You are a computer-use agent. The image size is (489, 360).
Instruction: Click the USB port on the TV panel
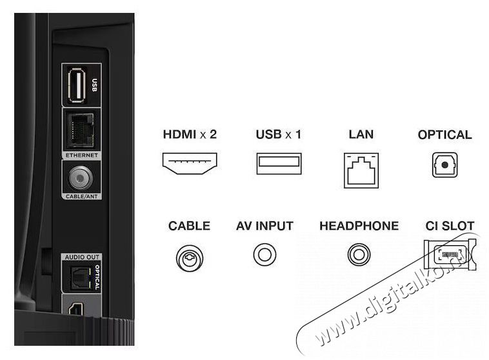pos(77,85)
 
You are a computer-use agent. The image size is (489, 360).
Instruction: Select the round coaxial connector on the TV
pos(81,178)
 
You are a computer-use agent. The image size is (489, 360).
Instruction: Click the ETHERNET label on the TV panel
pos(82,155)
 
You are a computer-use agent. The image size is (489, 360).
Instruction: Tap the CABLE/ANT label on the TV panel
pos(82,197)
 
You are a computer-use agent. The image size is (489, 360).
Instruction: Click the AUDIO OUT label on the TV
pos(82,257)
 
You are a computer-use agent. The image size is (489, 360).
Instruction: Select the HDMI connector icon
pos(190,163)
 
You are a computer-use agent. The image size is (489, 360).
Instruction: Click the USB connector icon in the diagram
pos(279,163)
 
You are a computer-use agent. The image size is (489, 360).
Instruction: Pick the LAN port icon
pos(361,170)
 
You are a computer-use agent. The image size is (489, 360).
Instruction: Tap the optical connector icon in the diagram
pos(444,165)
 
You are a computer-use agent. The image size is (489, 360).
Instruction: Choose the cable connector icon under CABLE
pos(190,258)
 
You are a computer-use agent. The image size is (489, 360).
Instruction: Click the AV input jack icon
pos(264,255)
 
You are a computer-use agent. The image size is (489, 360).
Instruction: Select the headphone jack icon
pos(359,255)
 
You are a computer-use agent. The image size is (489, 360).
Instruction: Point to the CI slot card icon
pos(450,254)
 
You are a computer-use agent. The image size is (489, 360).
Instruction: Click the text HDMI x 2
pos(190,134)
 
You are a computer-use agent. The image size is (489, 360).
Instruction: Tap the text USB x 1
pos(279,134)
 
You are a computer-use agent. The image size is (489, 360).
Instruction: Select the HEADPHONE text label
pos(359,226)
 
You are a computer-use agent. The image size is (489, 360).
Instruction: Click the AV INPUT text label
pos(264,226)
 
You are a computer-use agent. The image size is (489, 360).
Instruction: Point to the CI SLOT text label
pos(450,226)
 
